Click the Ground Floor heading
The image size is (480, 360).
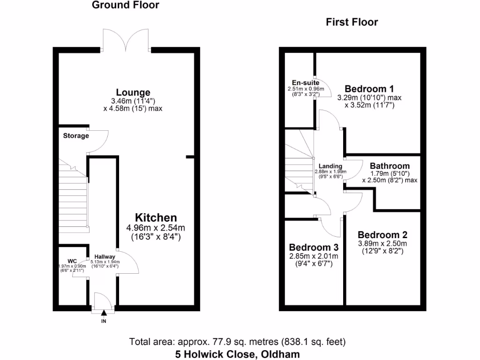coord(125,5)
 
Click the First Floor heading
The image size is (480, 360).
coord(352,22)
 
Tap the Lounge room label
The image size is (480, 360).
coord(133,92)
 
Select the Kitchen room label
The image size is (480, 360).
coord(156,217)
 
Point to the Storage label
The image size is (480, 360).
coord(76,136)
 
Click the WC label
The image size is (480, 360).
coord(72,261)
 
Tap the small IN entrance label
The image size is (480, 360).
coord(104,322)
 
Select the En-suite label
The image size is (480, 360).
coord(302,83)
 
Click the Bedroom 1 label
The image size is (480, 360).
coord(369,89)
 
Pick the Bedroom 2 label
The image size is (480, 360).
coord(382,235)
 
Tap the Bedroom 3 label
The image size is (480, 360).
coord(314,247)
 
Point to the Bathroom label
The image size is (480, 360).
coord(390,166)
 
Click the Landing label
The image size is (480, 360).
coord(330,166)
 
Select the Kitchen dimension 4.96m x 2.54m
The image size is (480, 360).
coord(156,228)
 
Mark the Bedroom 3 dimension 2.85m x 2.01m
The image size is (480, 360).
coord(314,256)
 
